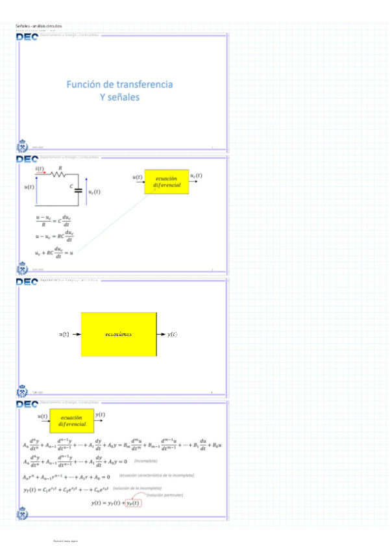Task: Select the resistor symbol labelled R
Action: coord(59,174)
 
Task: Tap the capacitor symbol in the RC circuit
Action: coord(79,190)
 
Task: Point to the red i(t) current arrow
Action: coord(40,173)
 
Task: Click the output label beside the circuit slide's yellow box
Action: coord(196,176)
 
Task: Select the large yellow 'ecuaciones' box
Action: coord(119,333)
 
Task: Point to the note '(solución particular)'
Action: coord(165,495)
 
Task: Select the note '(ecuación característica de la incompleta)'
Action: coord(156,476)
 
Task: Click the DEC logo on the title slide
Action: coord(27,37)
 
